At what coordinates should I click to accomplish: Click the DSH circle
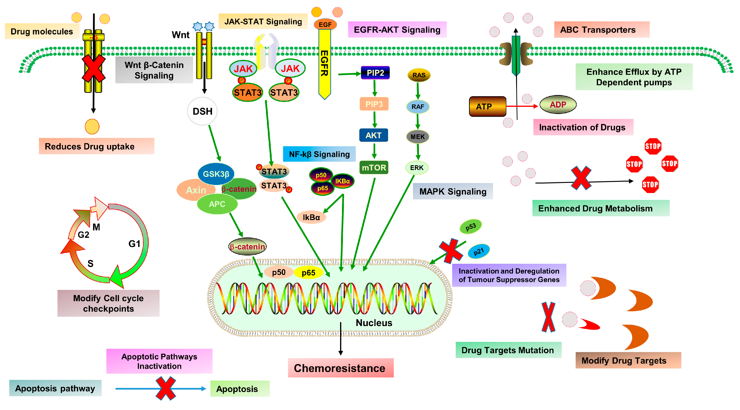click(202, 111)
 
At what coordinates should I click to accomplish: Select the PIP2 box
click(375, 73)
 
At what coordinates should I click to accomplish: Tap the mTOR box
click(374, 167)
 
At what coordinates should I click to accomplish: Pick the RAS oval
click(419, 75)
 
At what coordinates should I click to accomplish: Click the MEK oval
click(417, 137)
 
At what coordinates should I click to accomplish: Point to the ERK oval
click(417, 168)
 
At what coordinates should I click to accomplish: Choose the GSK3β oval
click(216, 174)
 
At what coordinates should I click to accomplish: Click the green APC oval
click(217, 204)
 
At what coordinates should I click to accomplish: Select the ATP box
click(488, 107)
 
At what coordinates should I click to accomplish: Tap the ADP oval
click(558, 104)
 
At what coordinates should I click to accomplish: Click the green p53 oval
click(470, 226)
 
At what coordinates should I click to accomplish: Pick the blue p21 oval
click(479, 251)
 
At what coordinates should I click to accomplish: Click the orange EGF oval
click(325, 24)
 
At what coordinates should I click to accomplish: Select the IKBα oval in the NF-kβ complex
click(342, 181)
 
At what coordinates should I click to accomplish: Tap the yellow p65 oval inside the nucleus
click(308, 273)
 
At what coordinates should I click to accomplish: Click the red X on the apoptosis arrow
click(166, 388)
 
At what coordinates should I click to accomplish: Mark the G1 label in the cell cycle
click(134, 244)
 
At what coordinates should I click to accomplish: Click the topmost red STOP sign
click(653, 146)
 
